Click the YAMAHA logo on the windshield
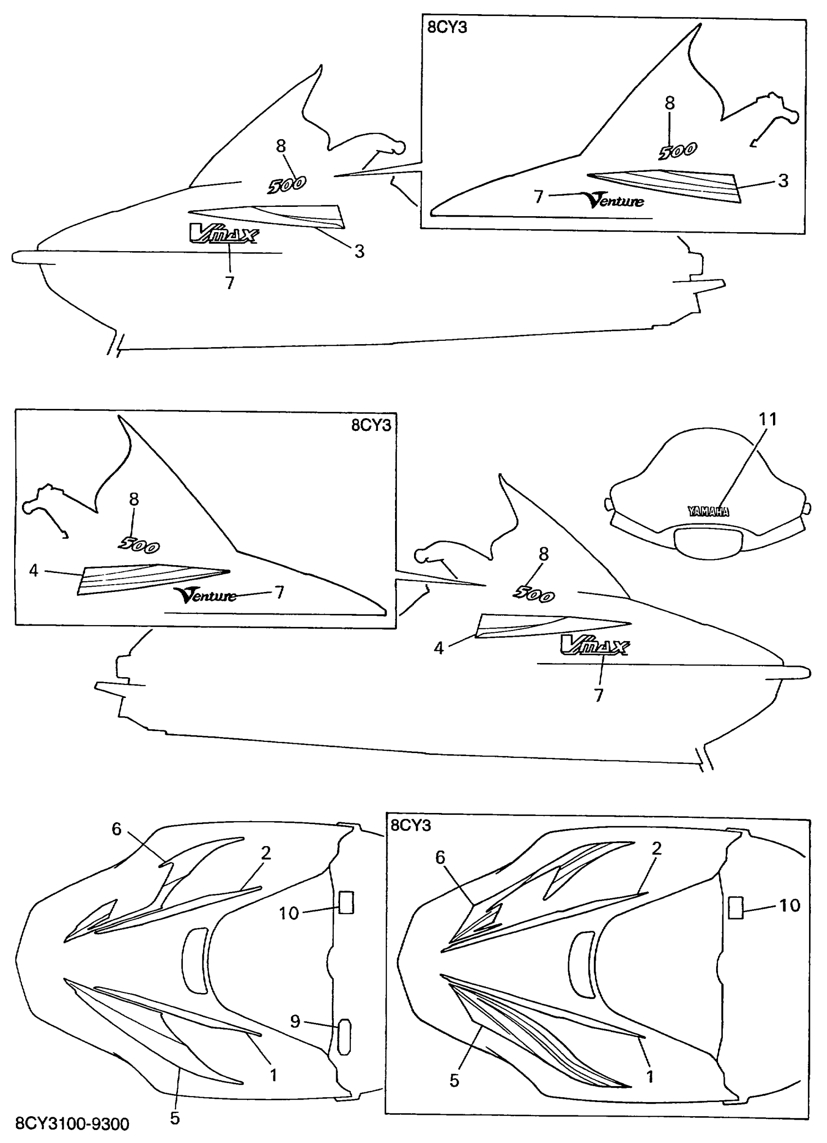[708, 512]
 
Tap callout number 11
[768, 419]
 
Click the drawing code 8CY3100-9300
[72, 1124]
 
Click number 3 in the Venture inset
[783, 181]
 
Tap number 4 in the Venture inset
[34, 571]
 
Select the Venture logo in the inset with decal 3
[615, 200]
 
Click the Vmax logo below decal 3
[223, 234]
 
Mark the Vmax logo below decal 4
[594, 645]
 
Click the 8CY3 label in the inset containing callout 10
[411, 825]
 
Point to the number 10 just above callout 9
[289, 913]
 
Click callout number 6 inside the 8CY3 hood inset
[440, 857]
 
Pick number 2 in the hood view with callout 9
[266, 853]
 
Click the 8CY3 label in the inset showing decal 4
[371, 425]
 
